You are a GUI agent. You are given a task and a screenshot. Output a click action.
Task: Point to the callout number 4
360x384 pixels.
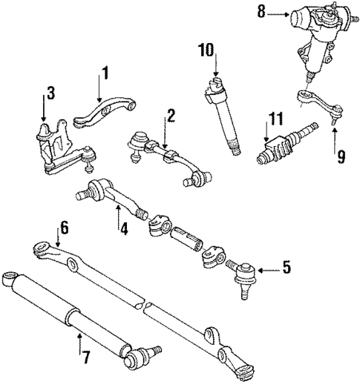pos(124,230)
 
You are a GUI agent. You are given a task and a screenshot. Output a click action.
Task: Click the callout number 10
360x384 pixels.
pos(205,50)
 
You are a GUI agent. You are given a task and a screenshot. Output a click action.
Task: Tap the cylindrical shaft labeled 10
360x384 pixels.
pos(226,119)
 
